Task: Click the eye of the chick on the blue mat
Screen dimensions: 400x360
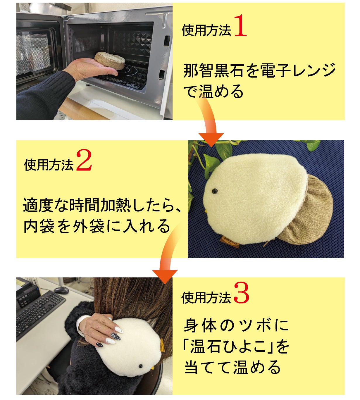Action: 214,191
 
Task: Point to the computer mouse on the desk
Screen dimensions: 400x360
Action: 61,290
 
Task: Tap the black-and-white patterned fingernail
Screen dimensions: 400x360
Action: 116,337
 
